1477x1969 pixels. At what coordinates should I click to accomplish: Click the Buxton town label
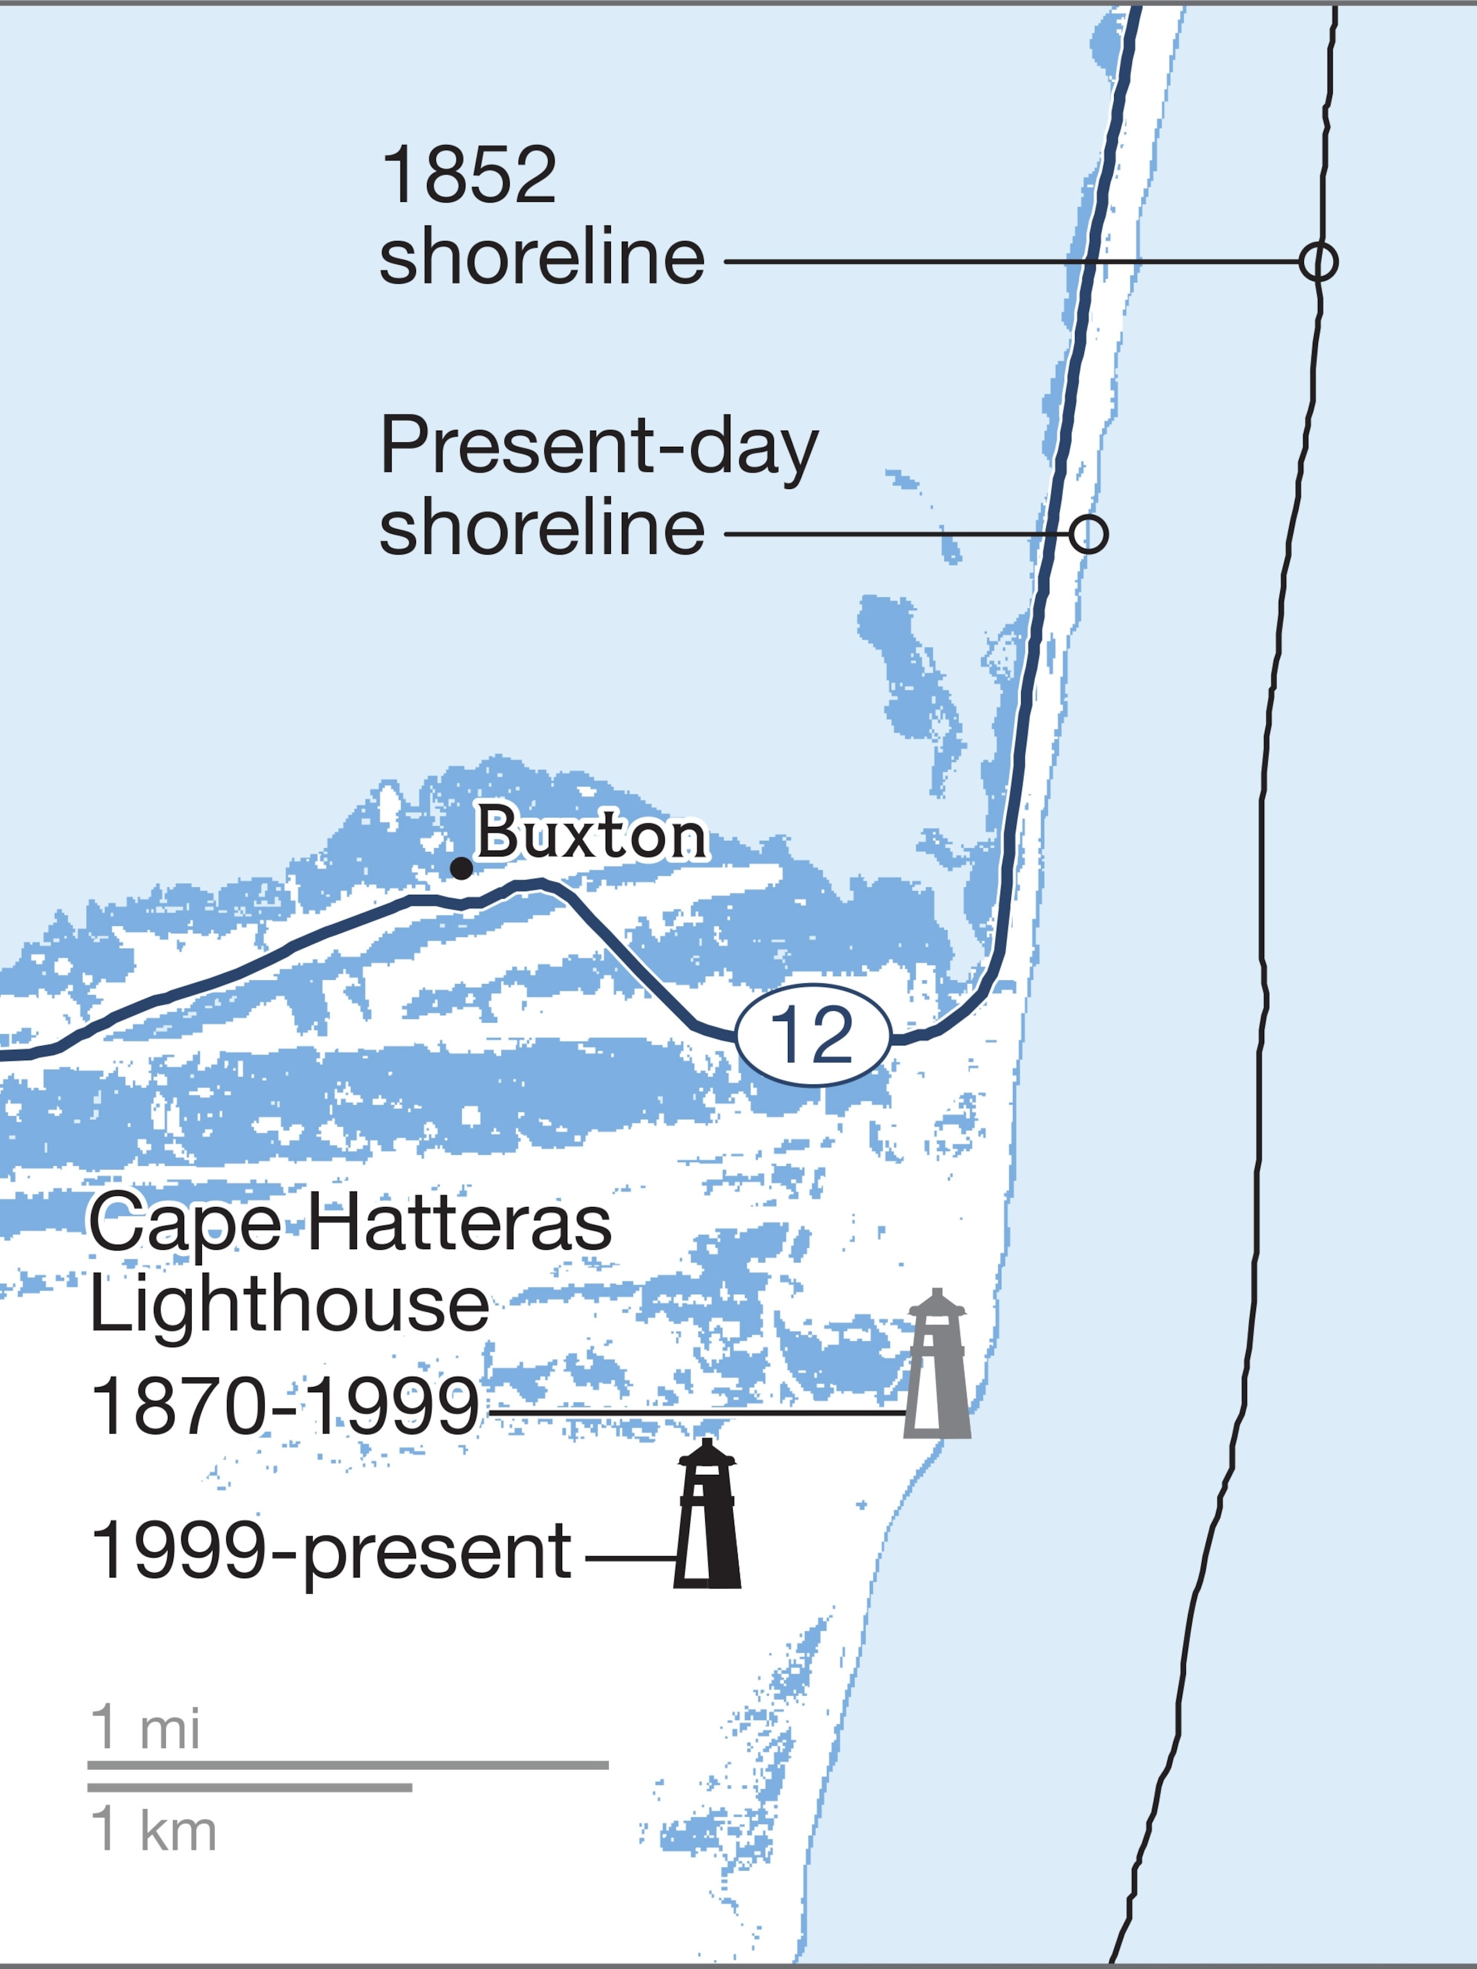(x=592, y=833)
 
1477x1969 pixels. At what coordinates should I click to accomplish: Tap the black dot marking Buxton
(x=461, y=868)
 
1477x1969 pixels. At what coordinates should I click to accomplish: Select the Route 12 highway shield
(x=813, y=1034)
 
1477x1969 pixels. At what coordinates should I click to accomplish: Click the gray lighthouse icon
(x=937, y=1364)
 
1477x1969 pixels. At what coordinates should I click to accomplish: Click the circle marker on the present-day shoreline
(x=1088, y=534)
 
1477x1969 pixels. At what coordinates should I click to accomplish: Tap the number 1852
(x=469, y=176)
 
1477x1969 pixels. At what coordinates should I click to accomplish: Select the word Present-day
(x=598, y=446)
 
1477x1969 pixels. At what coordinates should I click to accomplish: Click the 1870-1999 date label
(x=285, y=1406)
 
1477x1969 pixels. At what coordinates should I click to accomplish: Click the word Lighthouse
(x=289, y=1304)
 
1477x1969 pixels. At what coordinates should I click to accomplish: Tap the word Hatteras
(x=460, y=1222)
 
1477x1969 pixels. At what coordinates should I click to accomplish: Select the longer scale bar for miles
(x=347, y=1765)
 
